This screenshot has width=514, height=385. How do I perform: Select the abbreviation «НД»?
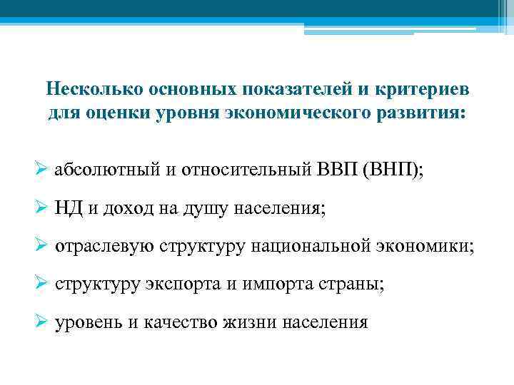(68, 209)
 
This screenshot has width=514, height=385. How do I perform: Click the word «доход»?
(125, 209)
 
